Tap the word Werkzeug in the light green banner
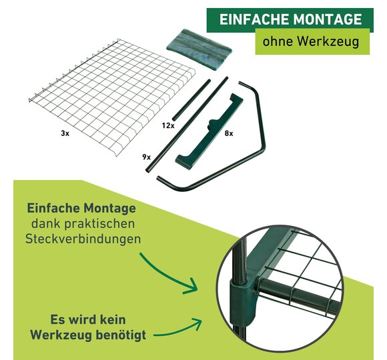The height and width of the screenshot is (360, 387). [x=328, y=41]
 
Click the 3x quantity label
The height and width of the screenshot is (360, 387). [x=65, y=133]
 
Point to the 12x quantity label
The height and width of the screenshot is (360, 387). [x=168, y=125]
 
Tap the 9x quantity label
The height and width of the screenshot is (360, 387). [x=146, y=157]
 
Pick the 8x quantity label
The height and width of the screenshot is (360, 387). [x=229, y=133]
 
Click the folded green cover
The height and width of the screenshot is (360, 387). [x=199, y=49]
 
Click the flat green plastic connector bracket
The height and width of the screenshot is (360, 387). [x=210, y=132]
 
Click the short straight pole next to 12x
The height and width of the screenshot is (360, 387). [x=191, y=100]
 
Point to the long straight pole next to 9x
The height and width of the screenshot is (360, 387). [x=187, y=124]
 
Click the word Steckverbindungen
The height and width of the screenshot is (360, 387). [x=83, y=239]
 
